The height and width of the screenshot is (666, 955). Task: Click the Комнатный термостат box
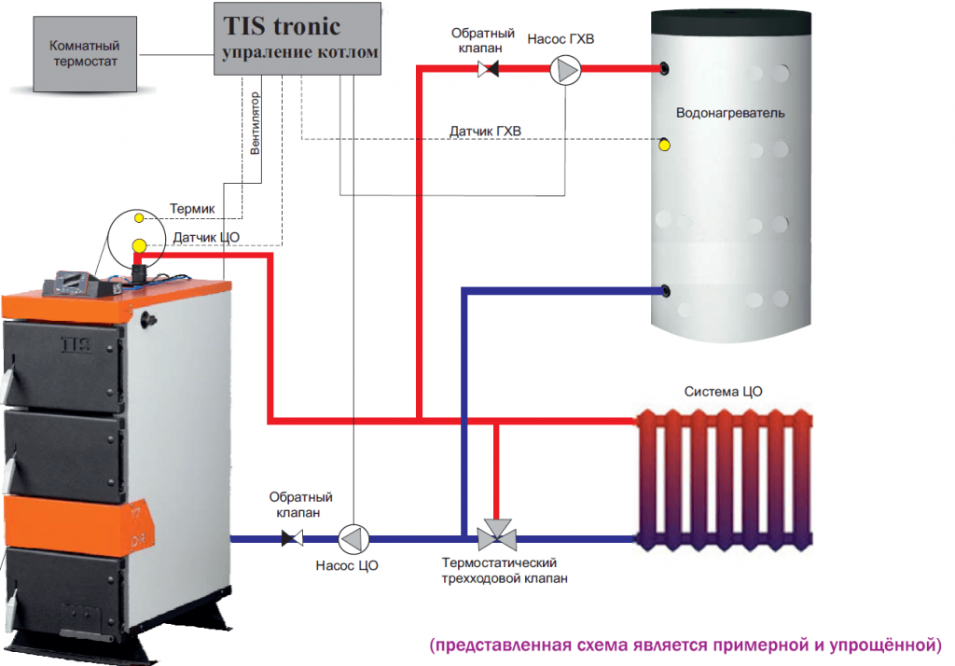(84, 54)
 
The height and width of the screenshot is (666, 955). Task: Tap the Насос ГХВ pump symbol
(565, 69)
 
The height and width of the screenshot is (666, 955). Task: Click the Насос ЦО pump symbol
(353, 538)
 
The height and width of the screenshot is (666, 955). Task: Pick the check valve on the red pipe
(488, 69)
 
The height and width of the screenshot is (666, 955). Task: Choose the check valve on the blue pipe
(293, 538)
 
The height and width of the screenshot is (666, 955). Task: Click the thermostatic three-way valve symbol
(497, 536)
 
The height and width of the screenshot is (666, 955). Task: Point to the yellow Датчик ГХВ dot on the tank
(664, 145)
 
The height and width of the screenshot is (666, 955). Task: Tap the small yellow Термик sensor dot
(139, 217)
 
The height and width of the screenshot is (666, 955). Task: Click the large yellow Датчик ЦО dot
(139, 245)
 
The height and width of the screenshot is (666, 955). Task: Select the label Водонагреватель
(729, 113)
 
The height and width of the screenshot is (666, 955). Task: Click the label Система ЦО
(723, 392)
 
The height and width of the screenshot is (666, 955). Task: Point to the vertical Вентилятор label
(255, 122)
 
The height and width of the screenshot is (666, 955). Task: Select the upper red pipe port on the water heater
(663, 68)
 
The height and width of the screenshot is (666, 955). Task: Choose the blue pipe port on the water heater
(663, 290)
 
